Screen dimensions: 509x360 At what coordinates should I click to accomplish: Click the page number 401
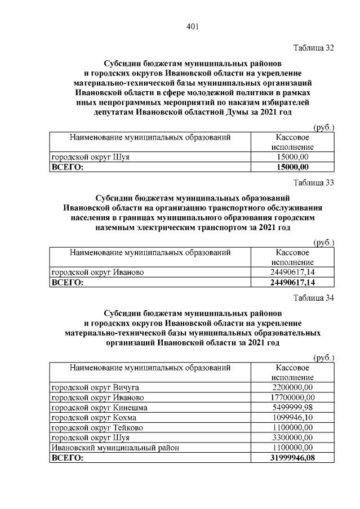click(x=192, y=26)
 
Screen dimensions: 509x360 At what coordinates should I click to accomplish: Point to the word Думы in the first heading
click(x=234, y=112)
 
